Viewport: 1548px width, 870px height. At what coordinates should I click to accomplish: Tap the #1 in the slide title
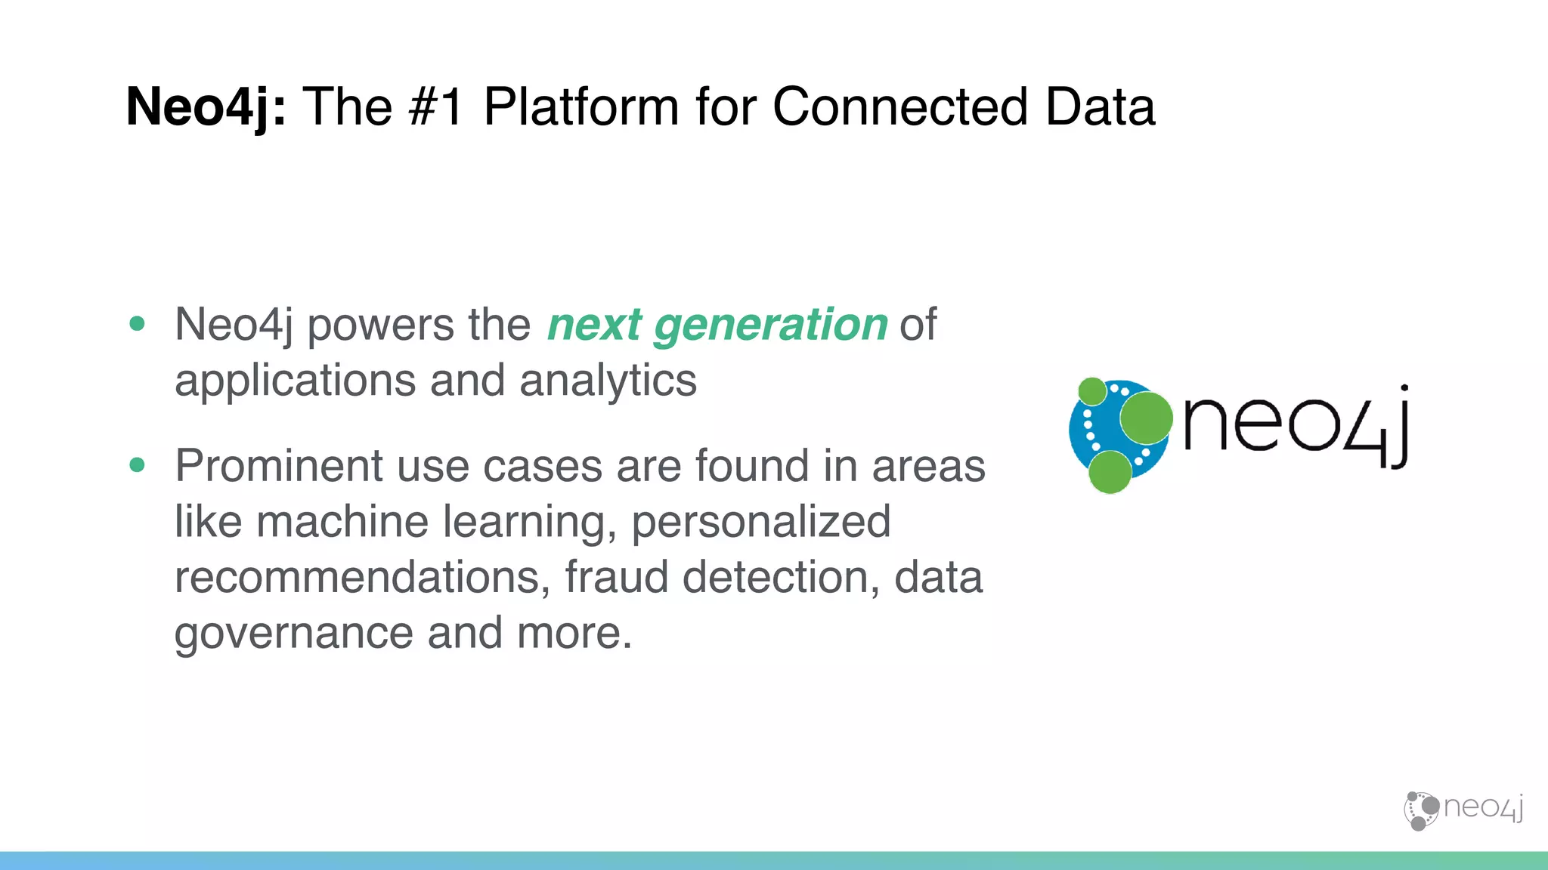click(x=435, y=107)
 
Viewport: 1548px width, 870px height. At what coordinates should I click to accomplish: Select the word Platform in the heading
click(x=580, y=107)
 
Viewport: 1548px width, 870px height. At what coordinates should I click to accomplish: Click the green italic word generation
click(x=770, y=326)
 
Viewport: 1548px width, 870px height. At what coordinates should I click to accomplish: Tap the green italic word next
click(x=594, y=326)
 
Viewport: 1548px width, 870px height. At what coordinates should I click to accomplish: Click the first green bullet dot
click(x=137, y=324)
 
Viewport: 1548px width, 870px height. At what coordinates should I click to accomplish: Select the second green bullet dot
click(x=137, y=465)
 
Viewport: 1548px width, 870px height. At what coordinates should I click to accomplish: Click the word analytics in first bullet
click(x=608, y=381)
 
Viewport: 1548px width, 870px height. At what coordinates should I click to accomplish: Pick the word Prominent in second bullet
click(x=278, y=466)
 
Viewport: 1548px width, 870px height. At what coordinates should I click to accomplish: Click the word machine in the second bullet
click(x=342, y=522)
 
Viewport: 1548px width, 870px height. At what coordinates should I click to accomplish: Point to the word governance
click(x=293, y=634)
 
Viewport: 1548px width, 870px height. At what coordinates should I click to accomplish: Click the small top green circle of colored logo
click(x=1091, y=391)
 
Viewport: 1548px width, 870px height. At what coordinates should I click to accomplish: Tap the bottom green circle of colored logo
click(x=1110, y=472)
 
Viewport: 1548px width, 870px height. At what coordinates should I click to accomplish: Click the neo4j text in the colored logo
click(x=1294, y=427)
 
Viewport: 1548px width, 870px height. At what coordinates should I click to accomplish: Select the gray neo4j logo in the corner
click(x=1463, y=810)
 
